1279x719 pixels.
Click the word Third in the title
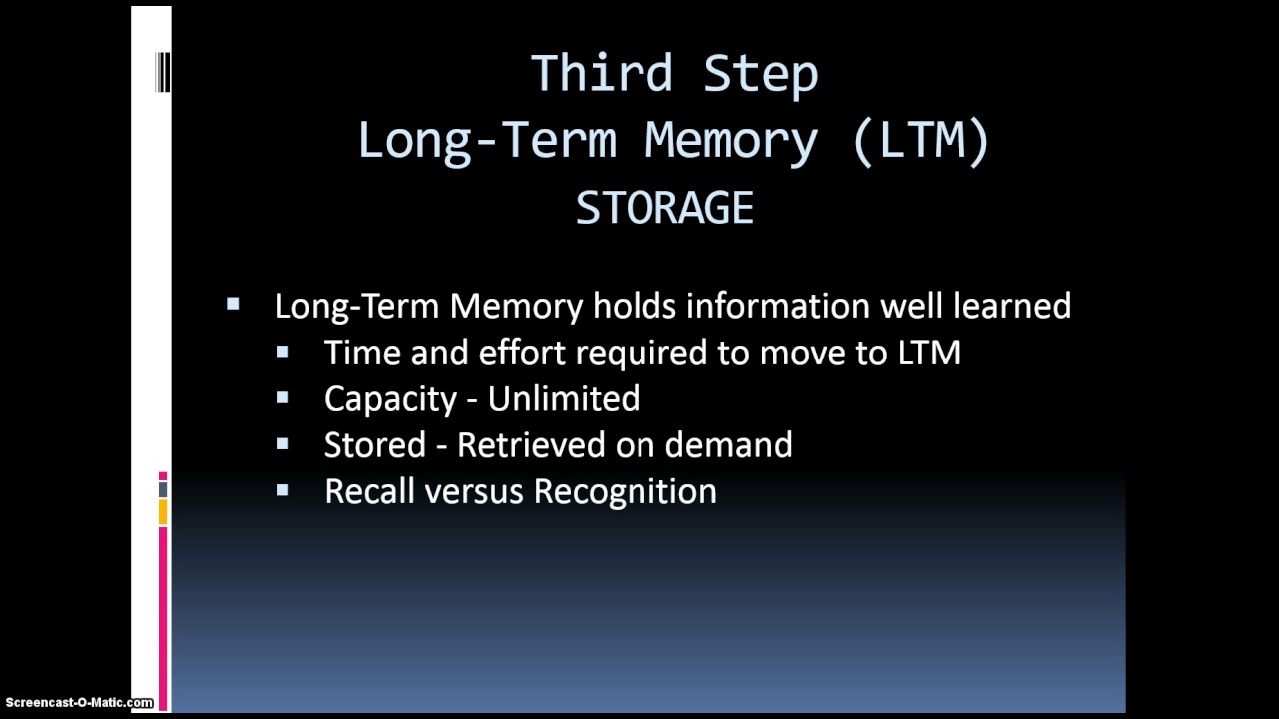(x=602, y=74)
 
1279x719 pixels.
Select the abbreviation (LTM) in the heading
(x=920, y=140)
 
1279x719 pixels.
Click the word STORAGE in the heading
(x=664, y=208)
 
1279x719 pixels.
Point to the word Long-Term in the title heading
(x=487, y=140)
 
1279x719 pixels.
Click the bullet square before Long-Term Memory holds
(x=234, y=304)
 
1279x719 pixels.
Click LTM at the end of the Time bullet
(x=928, y=353)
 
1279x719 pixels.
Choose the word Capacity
(x=390, y=399)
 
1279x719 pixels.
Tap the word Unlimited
(x=564, y=399)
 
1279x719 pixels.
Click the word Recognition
(x=625, y=492)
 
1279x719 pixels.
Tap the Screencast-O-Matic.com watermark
(x=77, y=703)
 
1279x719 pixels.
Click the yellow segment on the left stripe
(x=163, y=512)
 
